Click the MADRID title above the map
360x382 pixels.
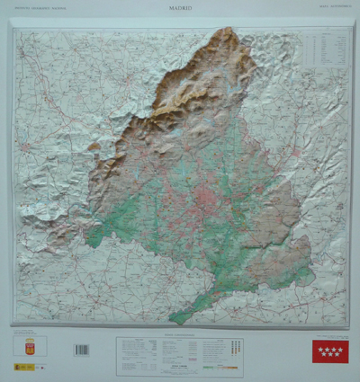coord(180,8)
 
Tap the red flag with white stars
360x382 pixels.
coord(329,350)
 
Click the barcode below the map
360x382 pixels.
coord(82,350)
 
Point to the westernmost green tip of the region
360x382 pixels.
coord(87,241)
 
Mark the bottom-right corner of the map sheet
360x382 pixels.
coord(347,325)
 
